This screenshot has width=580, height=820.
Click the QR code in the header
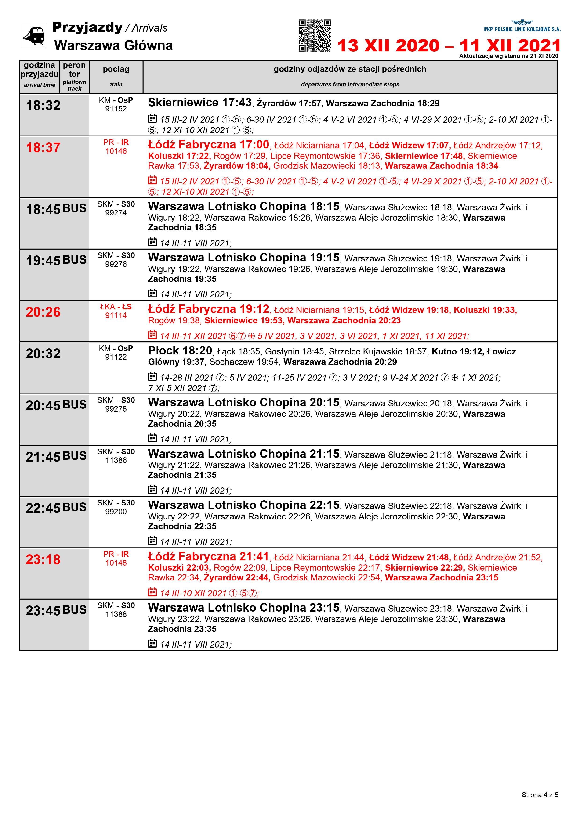tap(315, 35)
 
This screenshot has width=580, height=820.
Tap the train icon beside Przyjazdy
tap(34, 36)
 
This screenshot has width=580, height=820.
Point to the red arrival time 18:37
tap(43, 147)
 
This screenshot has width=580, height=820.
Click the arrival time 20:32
tap(43, 354)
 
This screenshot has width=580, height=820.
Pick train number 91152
tap(116, 109)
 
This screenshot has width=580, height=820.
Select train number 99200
tap(116, 512)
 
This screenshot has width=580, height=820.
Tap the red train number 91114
tap(116, 315)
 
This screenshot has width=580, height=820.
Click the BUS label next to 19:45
tap(74, 260)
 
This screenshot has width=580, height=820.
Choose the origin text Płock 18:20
tap(180, 351)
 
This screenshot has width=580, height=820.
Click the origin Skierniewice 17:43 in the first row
tap(200, 103)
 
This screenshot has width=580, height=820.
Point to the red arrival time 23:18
tap(43, 559)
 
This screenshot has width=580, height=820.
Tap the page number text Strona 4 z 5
tap(540, 795)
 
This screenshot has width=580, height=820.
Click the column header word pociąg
tap(116, 69)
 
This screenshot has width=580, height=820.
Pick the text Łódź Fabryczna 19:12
tap(209, 309)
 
